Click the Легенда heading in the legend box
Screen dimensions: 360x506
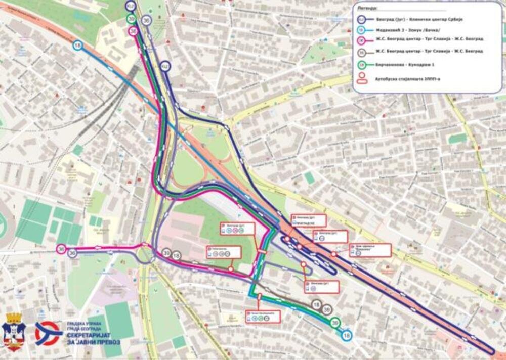point(367,9)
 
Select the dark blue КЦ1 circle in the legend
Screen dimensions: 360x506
point(362,20)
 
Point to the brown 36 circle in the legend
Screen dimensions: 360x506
point(362,52)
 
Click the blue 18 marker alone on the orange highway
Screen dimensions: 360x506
point(78,46)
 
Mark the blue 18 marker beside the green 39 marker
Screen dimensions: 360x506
point(346,335)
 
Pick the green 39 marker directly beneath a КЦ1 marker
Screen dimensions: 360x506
point(131,19)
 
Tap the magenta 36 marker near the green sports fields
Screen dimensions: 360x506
point(61,249)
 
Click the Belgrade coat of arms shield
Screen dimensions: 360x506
point(14,334)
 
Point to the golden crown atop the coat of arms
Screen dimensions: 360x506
point(14,318)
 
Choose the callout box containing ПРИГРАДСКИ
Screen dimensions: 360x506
point(308,220)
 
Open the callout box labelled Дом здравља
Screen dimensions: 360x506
point(370,250)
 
